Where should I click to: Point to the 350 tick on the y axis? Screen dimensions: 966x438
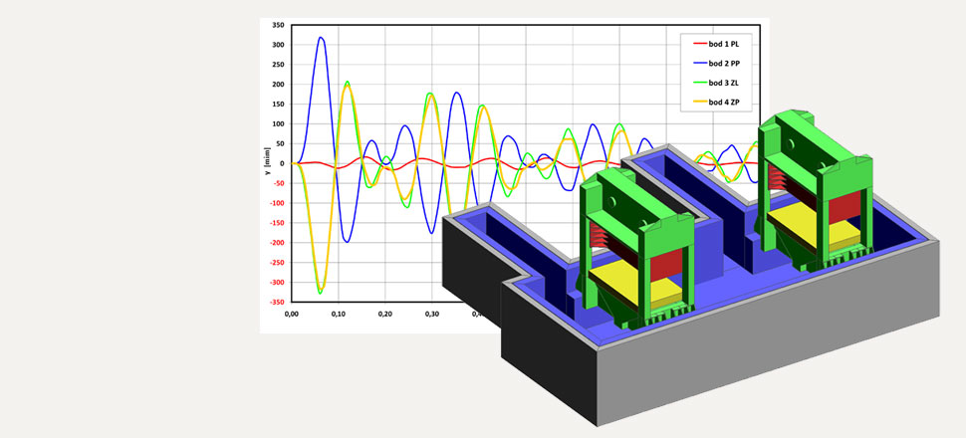[279, 25]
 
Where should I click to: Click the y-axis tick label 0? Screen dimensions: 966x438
[282, 163]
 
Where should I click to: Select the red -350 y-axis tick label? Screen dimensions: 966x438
[277, 302]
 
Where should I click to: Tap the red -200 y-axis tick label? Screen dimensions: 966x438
[277, 243]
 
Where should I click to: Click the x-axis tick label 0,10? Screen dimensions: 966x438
[339, 314]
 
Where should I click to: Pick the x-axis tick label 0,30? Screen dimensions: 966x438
[432, 314]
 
